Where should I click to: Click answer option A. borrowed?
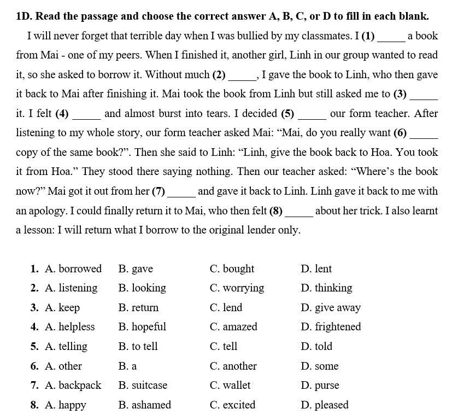coord(73,269)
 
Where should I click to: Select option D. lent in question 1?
coord(316,269)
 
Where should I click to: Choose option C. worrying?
coord(237,288)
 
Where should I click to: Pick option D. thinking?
coord(326,288)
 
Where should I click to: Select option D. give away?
coord(331,307)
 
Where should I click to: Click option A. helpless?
coord(70,326)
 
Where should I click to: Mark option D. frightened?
coord(331,326)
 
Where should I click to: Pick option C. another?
coord(233,366)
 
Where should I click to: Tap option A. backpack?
coord(73,385)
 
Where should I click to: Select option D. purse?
coord(320,385)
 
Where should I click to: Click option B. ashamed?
coord(144,405)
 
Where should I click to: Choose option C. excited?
coord(232,405)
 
